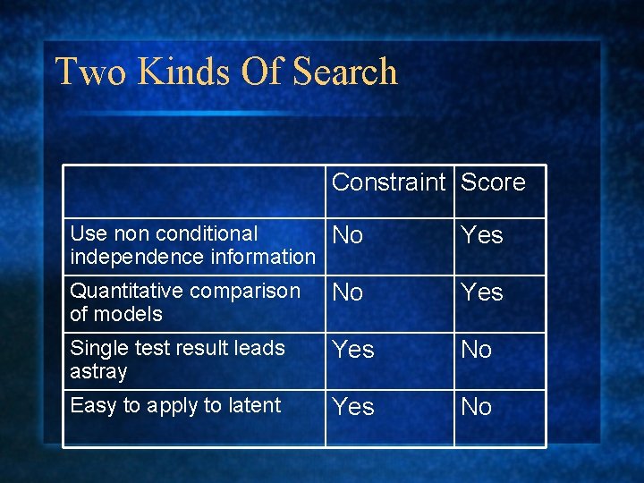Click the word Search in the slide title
click(x=344, y=72)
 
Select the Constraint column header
click(x=388, y=182)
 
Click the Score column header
click(x=493, y=182)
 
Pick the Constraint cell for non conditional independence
click(x=348, y=236)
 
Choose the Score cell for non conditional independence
click(x=482, y=236)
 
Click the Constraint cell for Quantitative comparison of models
click(x=348, y=292)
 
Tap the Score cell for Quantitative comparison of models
click(x=482, y=292)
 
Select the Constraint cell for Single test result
click(x=353, y=350)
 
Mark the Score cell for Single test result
click(x=477, y=350)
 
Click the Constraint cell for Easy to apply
click(x=353, y=407)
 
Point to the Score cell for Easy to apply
click(x=477, y=407)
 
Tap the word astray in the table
click(x=98, y=371)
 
